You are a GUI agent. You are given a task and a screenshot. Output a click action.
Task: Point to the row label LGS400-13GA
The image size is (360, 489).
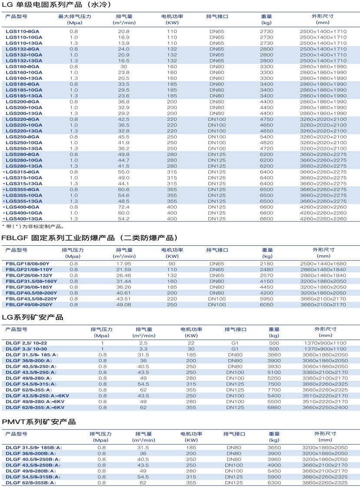click(x=24, y=219)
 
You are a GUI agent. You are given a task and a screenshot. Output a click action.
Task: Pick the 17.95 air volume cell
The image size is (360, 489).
click(x=124, y=264)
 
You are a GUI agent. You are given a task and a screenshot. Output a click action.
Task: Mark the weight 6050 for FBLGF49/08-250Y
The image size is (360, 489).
click(x=267, y=305)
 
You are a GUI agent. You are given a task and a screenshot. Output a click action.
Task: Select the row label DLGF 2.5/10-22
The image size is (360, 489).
click(x=26, y=343)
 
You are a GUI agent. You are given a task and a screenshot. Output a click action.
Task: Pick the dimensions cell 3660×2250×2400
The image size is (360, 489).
click(x=325, y=407)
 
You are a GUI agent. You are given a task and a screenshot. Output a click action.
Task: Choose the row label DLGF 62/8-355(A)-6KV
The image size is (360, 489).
click(x=35, y=407)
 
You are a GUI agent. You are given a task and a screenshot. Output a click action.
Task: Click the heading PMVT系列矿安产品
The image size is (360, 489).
click(x=39, y=422)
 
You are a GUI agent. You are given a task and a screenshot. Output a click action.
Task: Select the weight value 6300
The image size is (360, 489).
click(x=274, y=482)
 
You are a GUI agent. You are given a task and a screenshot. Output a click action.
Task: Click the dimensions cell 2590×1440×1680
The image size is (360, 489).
click(x=323, y=264)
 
